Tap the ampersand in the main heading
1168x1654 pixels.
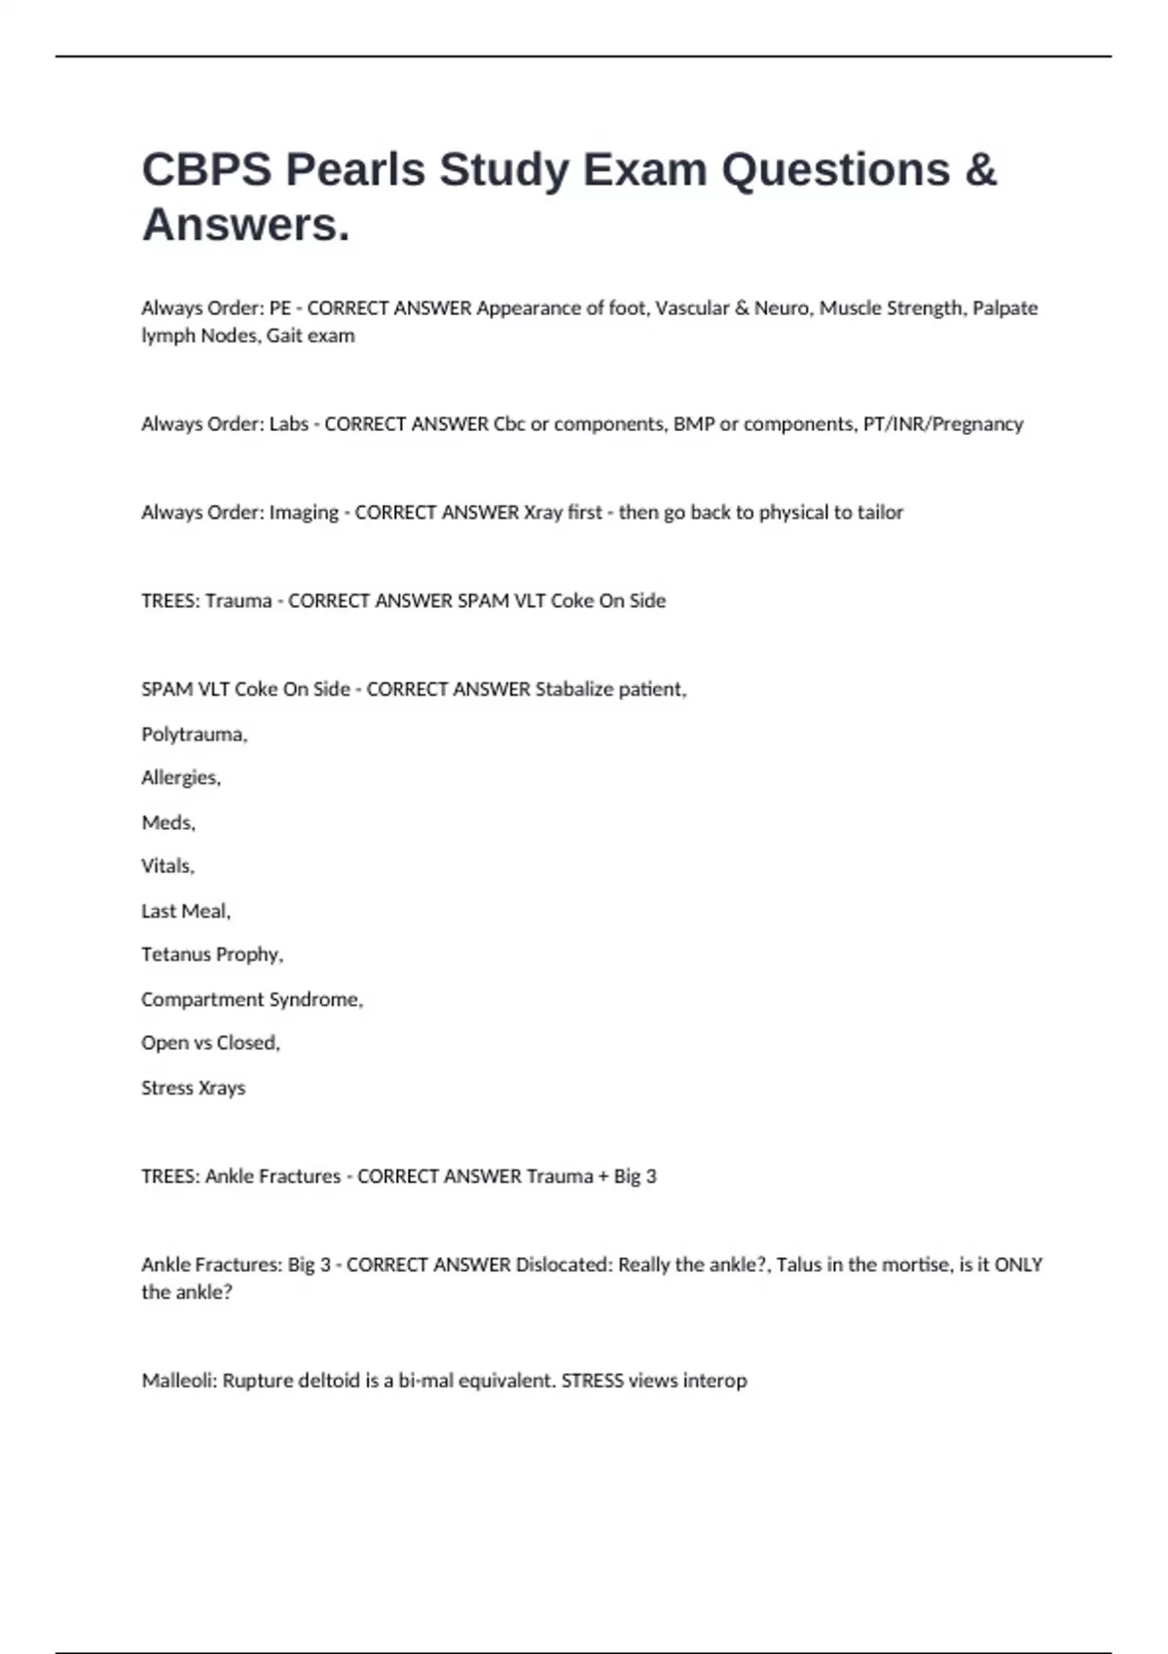980,170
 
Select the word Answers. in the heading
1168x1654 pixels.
245,226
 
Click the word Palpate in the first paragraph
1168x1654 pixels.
1005,308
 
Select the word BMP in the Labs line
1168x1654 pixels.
693,424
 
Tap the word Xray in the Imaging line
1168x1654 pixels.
543,513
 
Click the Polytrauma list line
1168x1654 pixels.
195,735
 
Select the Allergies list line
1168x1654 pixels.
181,778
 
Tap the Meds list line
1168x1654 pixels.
168,823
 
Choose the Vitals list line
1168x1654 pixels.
168,866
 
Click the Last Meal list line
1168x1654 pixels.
186,912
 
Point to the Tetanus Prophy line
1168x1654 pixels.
212,954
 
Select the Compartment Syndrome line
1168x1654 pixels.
252,1000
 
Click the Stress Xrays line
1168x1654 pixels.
193,1089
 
